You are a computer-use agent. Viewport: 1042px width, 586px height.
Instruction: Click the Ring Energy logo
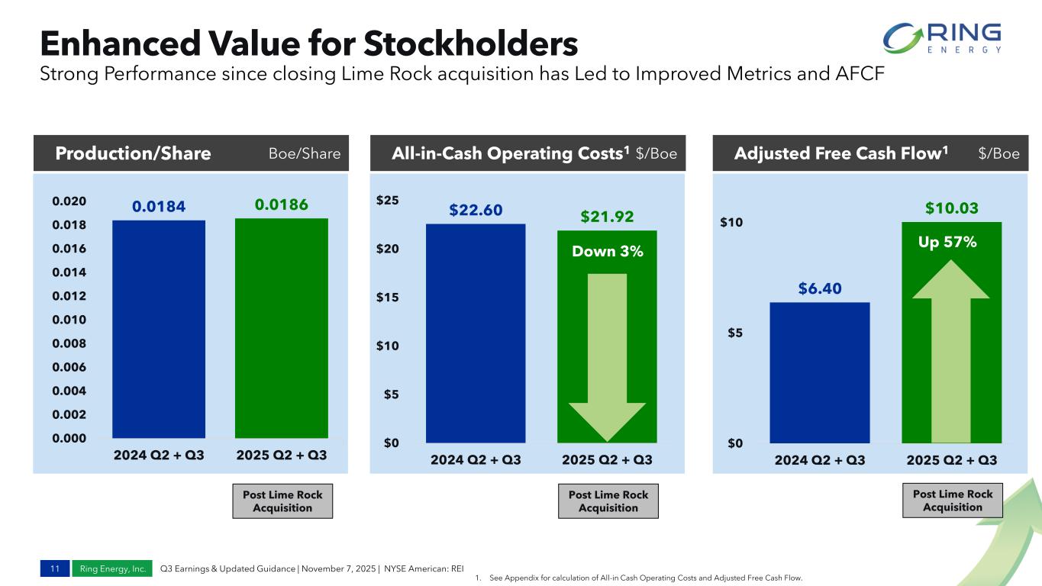coord(941,38)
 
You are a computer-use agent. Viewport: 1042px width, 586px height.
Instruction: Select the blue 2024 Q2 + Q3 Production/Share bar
coord(158,328)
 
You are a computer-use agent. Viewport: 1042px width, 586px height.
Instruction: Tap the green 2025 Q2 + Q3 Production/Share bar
coord(281,328)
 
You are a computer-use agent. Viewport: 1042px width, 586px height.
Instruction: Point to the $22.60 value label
coord(476,210)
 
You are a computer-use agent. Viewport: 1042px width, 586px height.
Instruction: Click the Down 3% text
coord(608,251)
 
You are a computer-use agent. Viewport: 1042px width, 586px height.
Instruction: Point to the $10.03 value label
coord(952,208)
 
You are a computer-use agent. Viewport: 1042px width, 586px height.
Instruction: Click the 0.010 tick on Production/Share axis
coord(69,320)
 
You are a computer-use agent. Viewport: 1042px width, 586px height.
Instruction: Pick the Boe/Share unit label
coord(304,153)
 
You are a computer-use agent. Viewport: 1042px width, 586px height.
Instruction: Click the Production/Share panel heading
coord(133,153)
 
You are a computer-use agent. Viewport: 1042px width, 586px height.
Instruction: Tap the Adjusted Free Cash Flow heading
coord(840,153)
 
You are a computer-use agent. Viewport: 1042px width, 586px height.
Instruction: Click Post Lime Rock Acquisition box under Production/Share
coord(282,501)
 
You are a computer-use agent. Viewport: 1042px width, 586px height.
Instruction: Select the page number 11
coord(54,568)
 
